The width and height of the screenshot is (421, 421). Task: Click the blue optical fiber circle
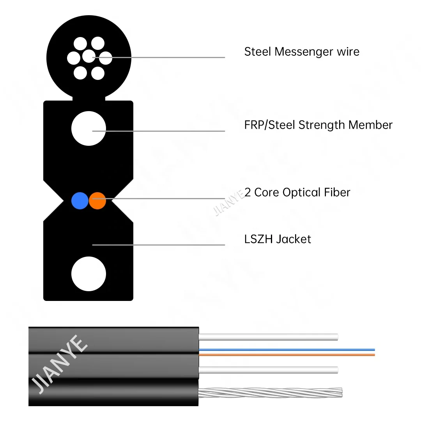click(80, 200)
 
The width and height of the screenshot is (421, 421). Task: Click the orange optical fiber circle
click(97, 200)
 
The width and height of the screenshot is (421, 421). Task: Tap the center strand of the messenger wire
click(89, 56)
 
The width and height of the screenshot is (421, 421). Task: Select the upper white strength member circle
click(89, 129)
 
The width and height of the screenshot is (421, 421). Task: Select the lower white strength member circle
click(89, 274)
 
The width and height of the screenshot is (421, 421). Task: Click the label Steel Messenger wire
click(301, 51)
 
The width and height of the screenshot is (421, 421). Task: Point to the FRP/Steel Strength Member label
click(318, 125)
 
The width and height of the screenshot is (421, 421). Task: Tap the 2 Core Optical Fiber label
click(297, 192)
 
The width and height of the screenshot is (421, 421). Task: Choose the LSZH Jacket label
click(278, 239)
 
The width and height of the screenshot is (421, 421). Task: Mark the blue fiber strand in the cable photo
click(287, 349)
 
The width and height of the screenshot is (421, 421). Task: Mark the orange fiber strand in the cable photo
click(287, 355)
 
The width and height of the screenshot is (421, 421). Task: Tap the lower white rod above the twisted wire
click(268, 370)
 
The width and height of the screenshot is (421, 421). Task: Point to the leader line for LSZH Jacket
click(164, 245)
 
